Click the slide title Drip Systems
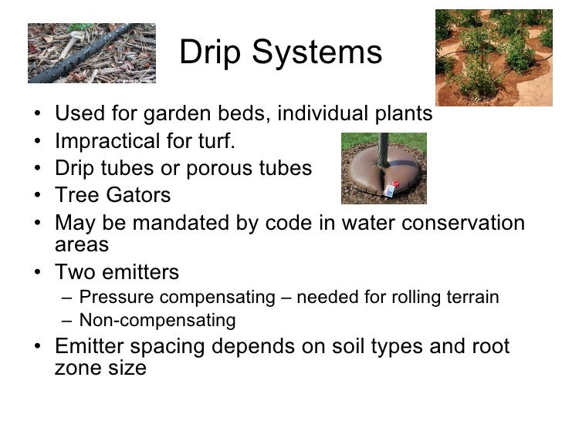(x=280, y=53)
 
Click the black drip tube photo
(x=91, y=52)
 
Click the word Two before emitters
(x=75, y=272)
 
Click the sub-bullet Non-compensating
(x=157, y=320)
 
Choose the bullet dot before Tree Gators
(x=39, y=196)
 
